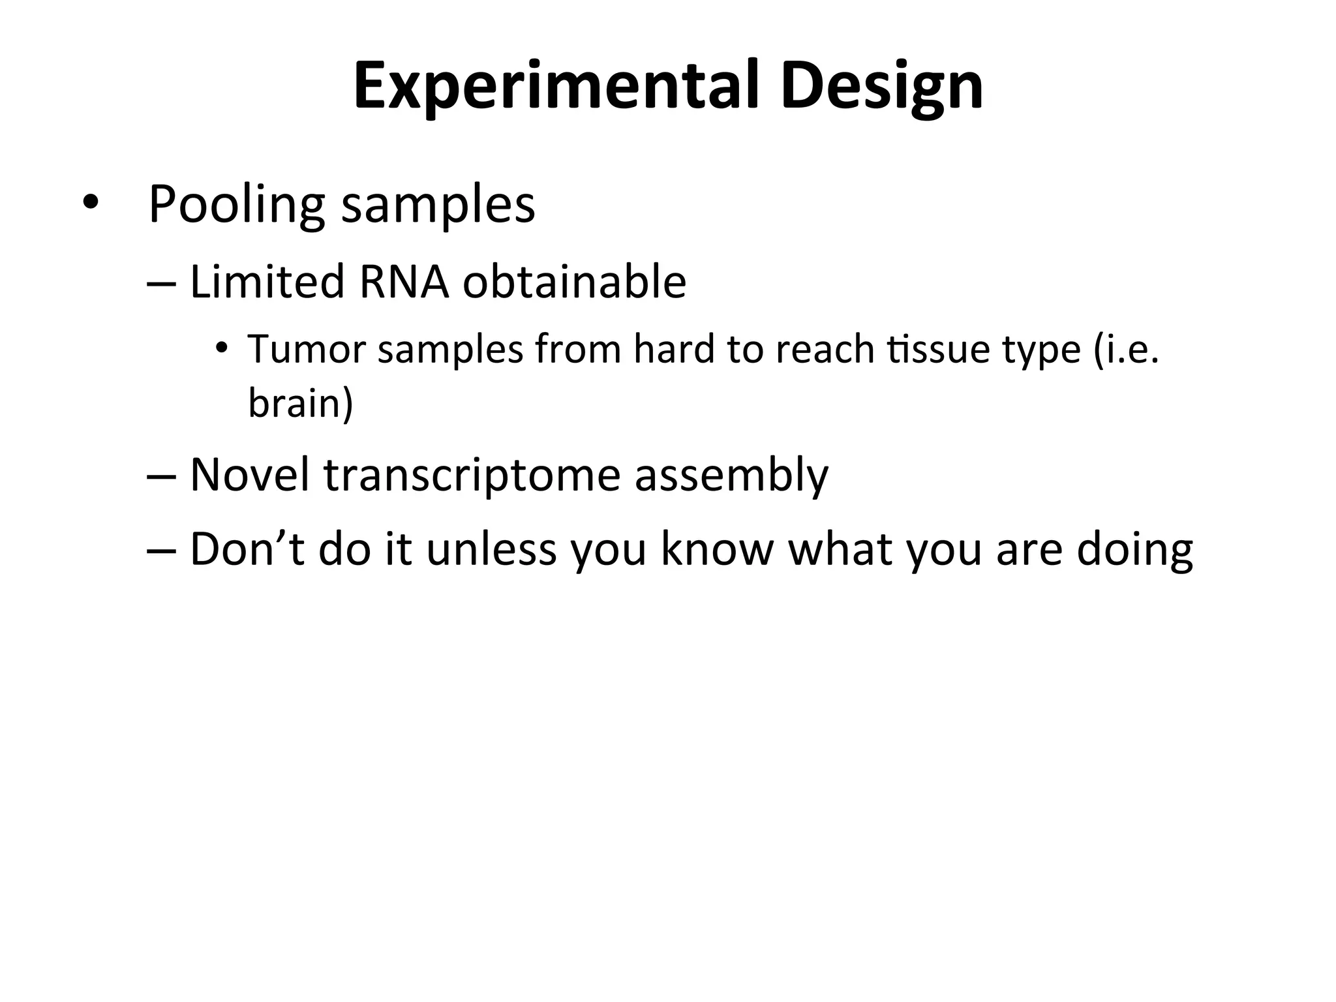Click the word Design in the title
coord(881,86)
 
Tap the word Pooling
coord(236,204)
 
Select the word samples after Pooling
coord(438,204)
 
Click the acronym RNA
coord(403,282)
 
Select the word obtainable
coord(574,282)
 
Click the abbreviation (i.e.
coord(1125,349)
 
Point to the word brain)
coord(301,402)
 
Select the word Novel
coord(249,474)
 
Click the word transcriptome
coord(472,474)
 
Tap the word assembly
coord(731,474)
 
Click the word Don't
coord(247,549)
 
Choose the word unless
coord(491,549)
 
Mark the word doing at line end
coord(1134,549)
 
